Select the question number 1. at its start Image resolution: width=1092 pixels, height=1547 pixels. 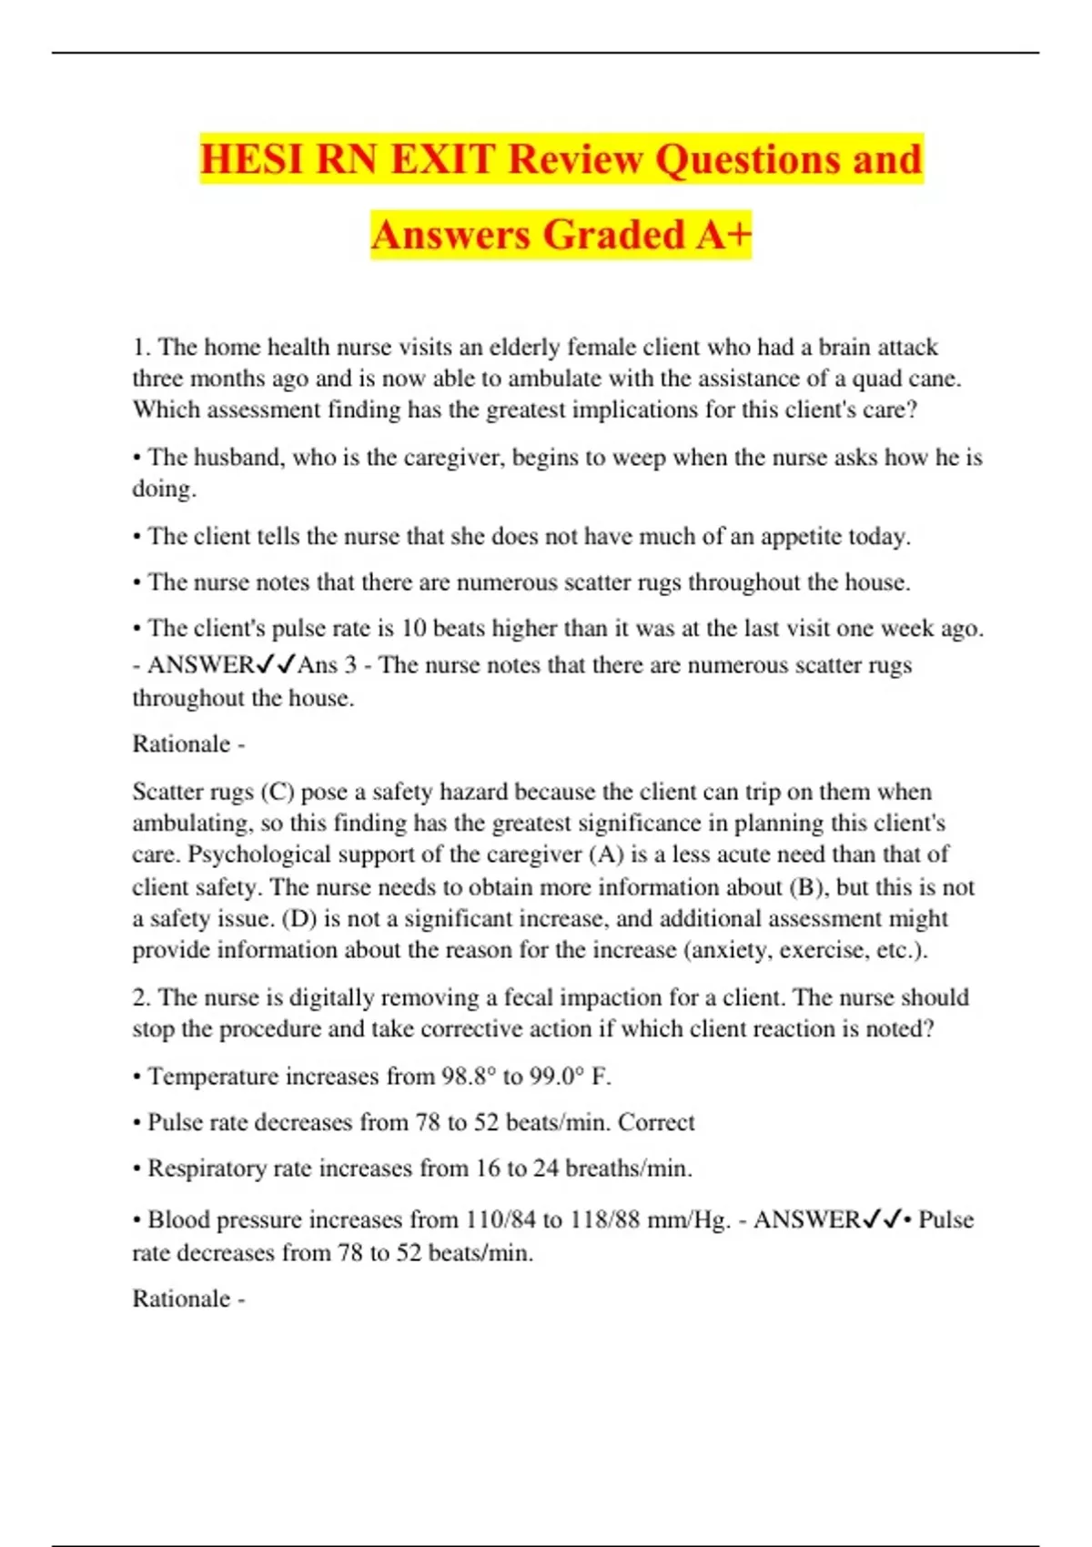[142, 348]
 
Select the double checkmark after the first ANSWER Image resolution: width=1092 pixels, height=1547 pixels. [276, 665]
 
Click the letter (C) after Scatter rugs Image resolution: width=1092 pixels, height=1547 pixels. [277, 792]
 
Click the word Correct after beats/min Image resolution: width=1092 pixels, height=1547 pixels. [656, 1122]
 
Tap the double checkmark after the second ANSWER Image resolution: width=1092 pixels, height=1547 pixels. [882, 1219]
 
